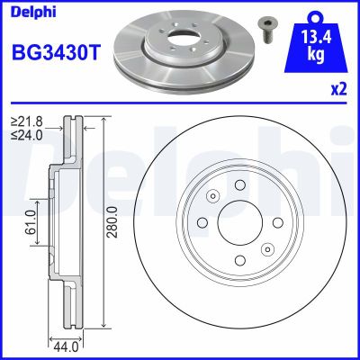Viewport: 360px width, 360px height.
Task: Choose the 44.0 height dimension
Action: (62, 344)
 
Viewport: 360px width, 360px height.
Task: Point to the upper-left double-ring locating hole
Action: (212, 196)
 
